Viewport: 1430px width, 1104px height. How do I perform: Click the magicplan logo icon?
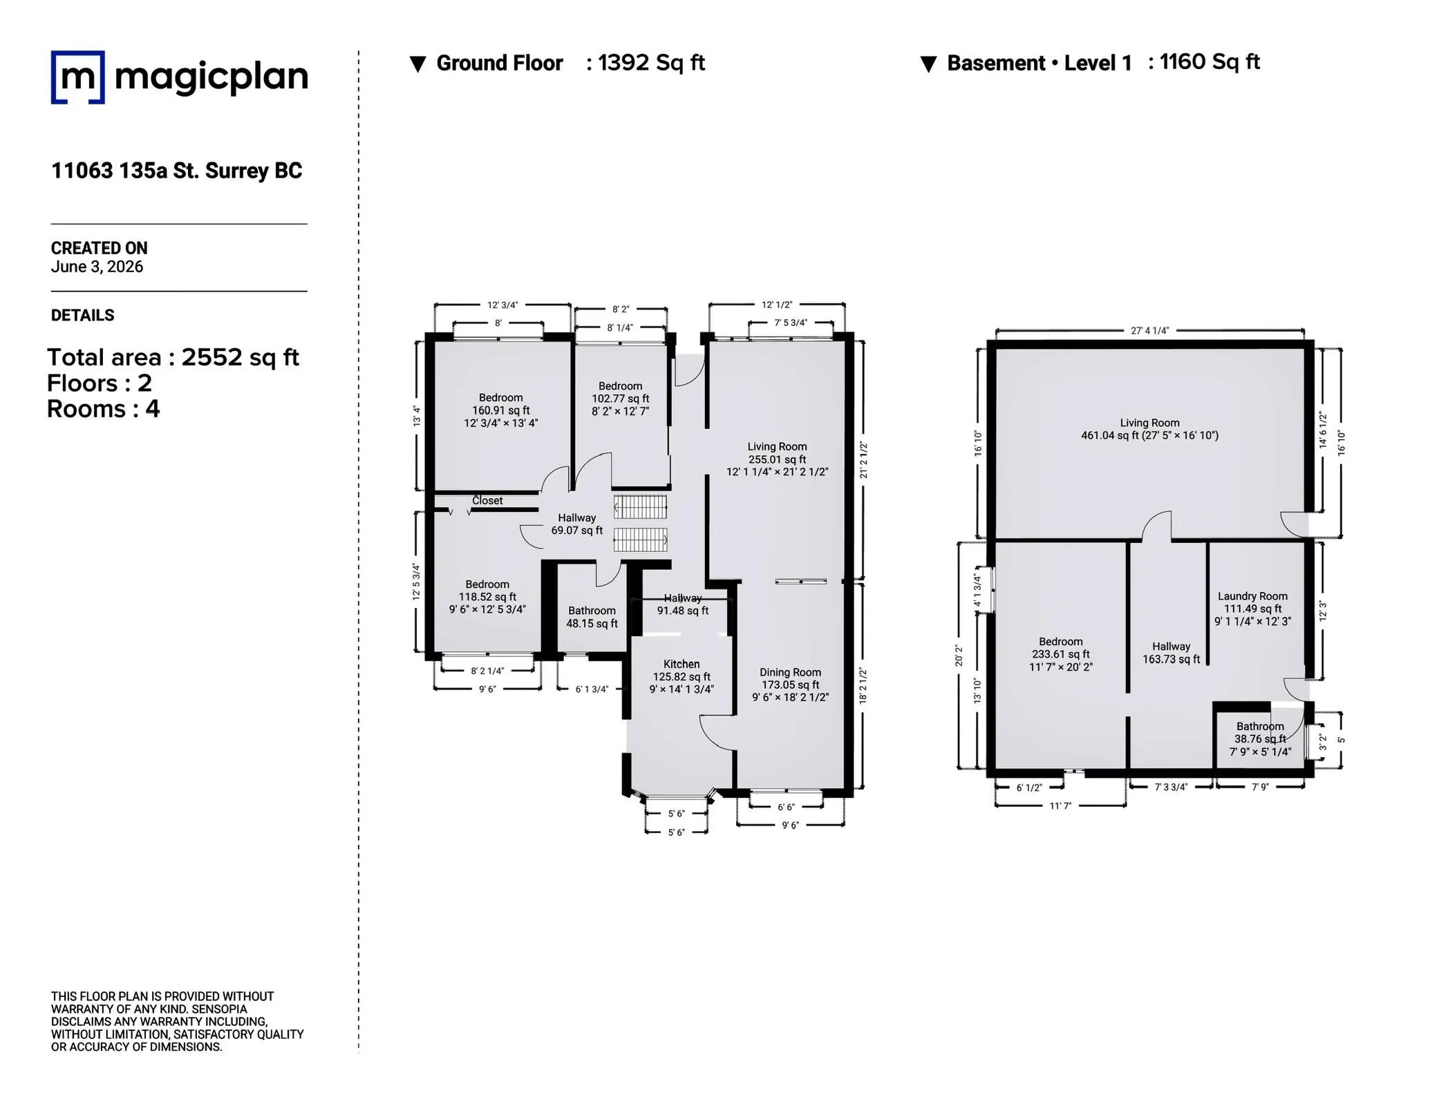point(78,77)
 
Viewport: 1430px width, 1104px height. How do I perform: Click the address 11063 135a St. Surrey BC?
point(177,171)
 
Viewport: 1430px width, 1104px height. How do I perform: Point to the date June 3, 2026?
point(97,267)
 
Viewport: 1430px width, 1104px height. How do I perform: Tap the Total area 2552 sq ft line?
point(173,357)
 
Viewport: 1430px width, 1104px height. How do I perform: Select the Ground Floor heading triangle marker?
point(417,64)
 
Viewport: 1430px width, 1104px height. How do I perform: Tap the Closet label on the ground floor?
point(487,500)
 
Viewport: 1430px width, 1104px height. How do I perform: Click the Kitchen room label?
point(681,664)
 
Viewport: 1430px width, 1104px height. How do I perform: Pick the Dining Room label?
point(791,672)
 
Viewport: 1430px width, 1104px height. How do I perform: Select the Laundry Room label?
point(1252,596)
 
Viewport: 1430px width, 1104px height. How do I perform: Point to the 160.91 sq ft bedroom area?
point(501,410)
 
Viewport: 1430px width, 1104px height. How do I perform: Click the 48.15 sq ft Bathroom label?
point(592,617)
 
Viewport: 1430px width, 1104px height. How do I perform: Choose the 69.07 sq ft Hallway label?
point(577,524)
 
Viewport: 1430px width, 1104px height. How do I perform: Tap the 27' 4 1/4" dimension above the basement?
point(1150,331)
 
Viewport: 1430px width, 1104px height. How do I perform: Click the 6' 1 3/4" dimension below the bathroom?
point(592,689)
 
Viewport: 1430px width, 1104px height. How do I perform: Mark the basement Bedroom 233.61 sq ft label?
point(1061,654)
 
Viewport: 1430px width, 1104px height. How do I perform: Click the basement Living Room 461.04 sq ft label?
point(1150,429)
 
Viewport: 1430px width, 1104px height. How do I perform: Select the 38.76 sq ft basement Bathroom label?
point(1261,739)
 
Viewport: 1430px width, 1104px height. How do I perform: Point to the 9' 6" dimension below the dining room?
point(790,825)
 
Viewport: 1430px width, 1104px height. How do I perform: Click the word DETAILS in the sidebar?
point(83,316)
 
